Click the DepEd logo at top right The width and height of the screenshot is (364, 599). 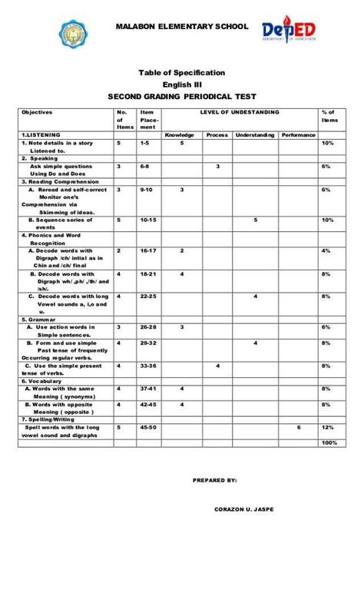(x=295, y=30)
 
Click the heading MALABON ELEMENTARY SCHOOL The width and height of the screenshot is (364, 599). (x=182, y=27)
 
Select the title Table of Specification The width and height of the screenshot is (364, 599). (x=181, y=71)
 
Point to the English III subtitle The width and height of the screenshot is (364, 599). (x=181, y=84)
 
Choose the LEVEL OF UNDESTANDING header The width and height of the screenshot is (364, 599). (x=240, y=113)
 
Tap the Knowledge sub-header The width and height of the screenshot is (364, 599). (x=180, y=135)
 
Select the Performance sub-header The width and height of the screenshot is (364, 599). (x=298, y=135)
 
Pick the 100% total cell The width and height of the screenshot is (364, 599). (x=330, y=443)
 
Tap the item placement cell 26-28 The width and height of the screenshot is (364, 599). (x=149, y=327)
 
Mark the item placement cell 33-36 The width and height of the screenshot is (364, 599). (x=149, y=366)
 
